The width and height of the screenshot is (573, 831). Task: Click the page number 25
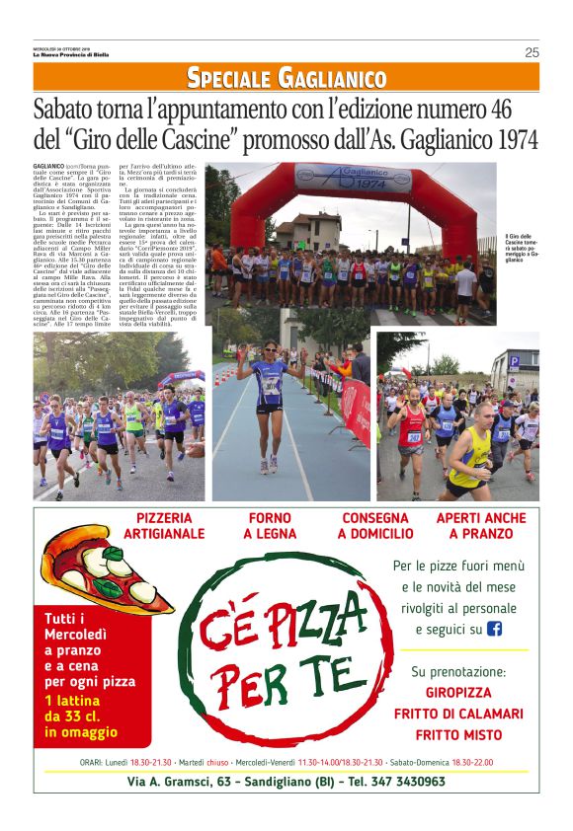click(x=532, y=52)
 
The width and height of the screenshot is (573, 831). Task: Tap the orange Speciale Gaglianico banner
click(x=286, y=77)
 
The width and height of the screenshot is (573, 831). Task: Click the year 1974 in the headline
click(x=511, y=139)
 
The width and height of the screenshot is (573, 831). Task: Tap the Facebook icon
click(x=495, y=629)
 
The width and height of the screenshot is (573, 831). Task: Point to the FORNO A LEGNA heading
click(x=270, y=526)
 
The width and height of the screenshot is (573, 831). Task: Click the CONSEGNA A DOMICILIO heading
click(x=375, y=526)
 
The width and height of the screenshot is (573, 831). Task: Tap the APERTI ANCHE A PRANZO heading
click(x=481, y=526)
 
